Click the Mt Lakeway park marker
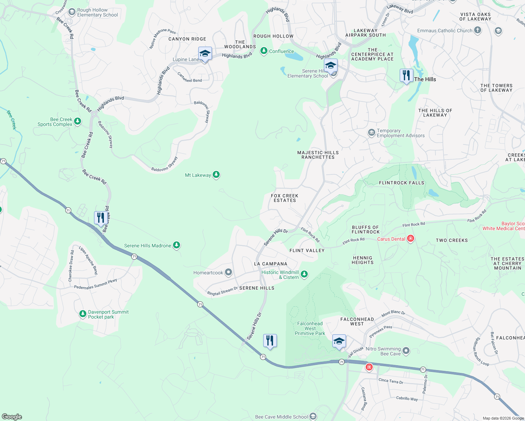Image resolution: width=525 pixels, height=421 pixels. (x=216, y=174)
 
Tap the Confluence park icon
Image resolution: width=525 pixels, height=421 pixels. (x=264, y=51)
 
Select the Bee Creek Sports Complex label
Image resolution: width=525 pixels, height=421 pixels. (x=55, y=122)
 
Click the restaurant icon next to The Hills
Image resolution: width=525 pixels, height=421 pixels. (x=406, y=76)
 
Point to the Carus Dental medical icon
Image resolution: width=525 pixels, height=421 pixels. (x=410, y=239)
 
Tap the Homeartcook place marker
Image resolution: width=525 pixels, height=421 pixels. (x=228, y=272)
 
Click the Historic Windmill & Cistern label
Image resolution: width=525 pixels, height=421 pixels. (x=280, y=275)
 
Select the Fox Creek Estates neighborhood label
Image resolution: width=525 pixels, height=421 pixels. (x=285, y=198)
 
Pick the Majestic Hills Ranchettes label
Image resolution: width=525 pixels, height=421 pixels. (x=318, y=155)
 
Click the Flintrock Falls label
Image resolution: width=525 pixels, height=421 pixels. (x=401, y=183)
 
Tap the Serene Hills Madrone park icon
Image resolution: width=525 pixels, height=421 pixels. (x=177, y=245)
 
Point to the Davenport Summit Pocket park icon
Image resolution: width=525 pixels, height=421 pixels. (x=83, y=314)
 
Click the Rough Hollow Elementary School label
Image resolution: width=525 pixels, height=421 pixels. (x=97, y=13)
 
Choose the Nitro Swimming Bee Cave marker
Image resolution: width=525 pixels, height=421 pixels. (x=406, y=350)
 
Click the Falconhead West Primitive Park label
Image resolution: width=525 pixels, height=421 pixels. (x=310, y=329)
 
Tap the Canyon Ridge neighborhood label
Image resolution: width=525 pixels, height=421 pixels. (x=187, y=39)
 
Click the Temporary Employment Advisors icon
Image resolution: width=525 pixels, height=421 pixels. (x=371, y=133)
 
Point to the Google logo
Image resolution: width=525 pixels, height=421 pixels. (x=12, y=416)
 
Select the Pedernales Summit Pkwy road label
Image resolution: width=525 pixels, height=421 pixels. (x=95, y=284)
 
